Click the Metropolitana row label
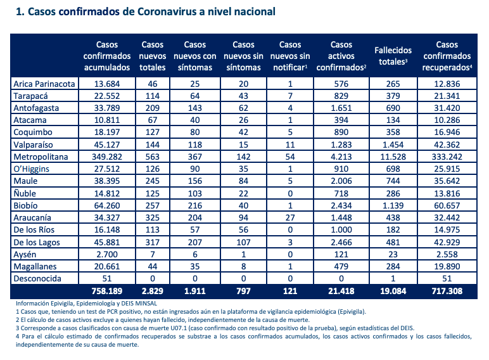[x=41, y=157]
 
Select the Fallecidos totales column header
[x=393, y=56]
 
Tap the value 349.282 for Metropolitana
[x=106, y=157]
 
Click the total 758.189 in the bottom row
[x=106, y=291]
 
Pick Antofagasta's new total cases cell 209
[x=153, y=108]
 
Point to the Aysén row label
[x=25, y=255]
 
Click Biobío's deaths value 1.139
[x=393, y=205]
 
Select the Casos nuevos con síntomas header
[x=195, y=56]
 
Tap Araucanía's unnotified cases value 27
[x=290, y=217]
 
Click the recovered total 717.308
[x=447, y=291]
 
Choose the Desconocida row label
[x=37, y=278]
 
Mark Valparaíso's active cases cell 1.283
[x=341, y=145]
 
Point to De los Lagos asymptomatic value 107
[x=243, y=242]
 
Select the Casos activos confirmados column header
[x=341, y=56]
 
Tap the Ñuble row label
[x=25, y=193]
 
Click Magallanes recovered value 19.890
[x=447, y=266]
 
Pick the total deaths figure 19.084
[x=393, y=291]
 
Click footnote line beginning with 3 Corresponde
[x=215, y=328]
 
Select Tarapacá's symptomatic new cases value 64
[x=195, y=96]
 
